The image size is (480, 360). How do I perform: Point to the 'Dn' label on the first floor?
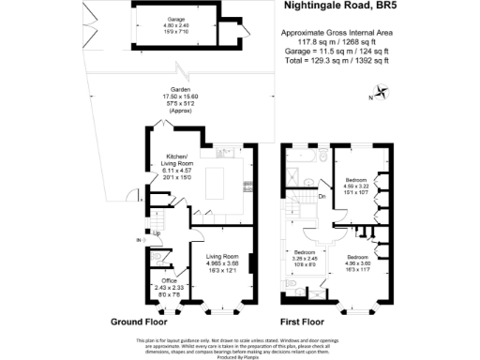[322, 197]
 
